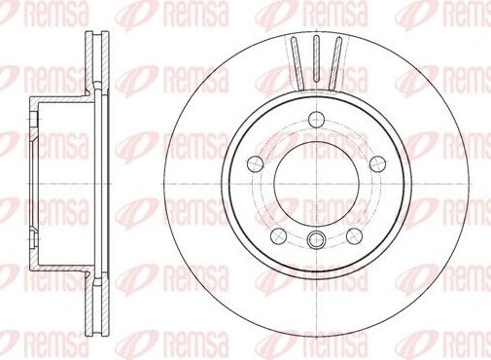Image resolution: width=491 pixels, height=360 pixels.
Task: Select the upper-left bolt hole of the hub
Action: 256,162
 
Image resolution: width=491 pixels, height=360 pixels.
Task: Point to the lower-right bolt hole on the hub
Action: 355,233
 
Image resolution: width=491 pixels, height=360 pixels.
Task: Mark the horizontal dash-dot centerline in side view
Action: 68,183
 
